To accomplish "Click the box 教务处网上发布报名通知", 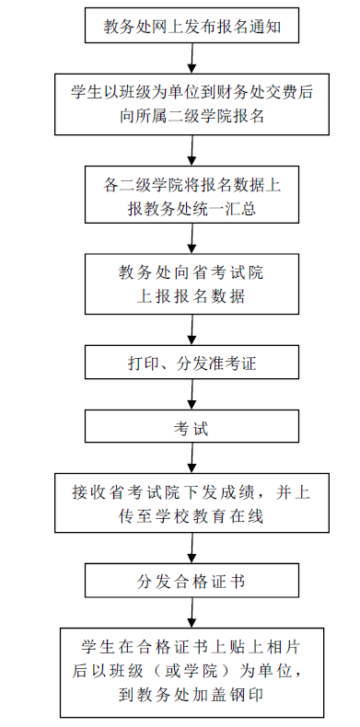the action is point(192,26).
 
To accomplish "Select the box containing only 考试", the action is point(192,429).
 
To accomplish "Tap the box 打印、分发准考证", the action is point(192,363).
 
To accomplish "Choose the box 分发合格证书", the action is point(192,581).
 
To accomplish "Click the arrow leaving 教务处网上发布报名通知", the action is point(192,58).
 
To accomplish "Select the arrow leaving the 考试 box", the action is point(192,458).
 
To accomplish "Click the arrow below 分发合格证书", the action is point(192,613).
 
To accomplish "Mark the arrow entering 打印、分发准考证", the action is point(192,331).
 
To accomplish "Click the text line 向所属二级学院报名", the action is point(192,116).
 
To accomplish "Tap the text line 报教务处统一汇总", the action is point(192,209).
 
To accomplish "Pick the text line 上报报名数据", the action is point(191,296).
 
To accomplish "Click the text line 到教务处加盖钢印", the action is point(191,695).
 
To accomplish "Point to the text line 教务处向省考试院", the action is point(191,272).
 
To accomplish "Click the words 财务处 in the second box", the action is point(252,92).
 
